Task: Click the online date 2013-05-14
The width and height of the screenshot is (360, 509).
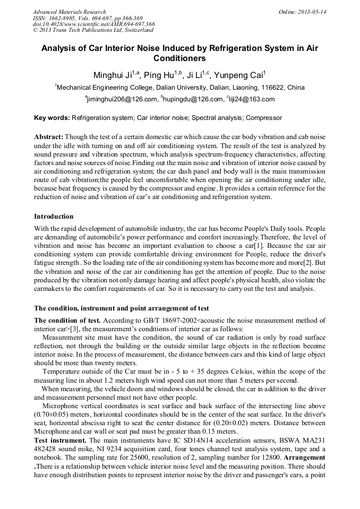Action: [x=312, y=12]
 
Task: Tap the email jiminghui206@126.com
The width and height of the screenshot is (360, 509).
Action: [x=123, y=99]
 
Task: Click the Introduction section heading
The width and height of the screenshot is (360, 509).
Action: [x=54, y=217]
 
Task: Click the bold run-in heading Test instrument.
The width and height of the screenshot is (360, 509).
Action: [x=60, y=441]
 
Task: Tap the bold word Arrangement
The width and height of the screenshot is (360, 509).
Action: [x=304, y=458]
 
